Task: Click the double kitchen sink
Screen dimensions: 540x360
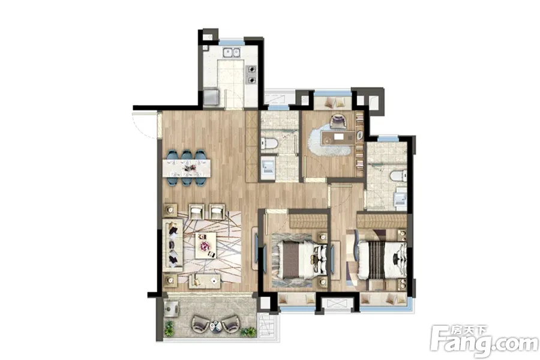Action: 232,52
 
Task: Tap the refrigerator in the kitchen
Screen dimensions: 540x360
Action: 211,97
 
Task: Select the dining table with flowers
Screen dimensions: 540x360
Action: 187,168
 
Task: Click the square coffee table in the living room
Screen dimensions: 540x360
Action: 206,245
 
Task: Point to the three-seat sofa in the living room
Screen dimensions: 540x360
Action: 173,245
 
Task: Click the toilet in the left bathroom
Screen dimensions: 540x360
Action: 269,143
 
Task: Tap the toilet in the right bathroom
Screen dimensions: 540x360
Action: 399,176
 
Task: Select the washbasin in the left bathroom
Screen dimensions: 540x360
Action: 268,168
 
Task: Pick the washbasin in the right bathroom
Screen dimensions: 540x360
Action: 401,199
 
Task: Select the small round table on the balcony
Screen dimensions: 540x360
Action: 215,325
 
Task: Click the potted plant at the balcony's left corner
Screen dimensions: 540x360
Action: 169,328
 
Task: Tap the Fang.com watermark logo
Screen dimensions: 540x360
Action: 484,340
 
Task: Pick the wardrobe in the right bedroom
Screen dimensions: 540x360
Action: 382,221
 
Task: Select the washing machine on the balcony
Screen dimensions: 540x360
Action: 171,308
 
